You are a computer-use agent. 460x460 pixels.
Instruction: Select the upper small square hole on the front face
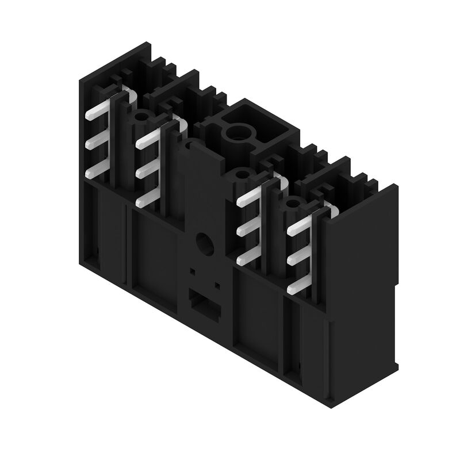point(193,270)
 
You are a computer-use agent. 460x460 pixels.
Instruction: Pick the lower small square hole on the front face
point(217,285)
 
